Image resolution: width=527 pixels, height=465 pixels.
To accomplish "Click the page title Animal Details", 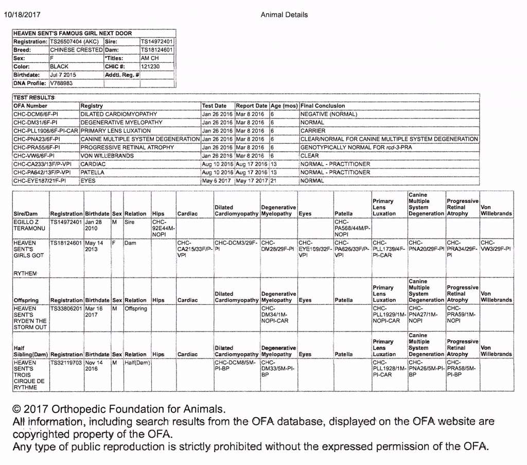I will pos(284,14).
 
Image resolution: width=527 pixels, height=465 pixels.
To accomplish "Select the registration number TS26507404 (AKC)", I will pos(75,42).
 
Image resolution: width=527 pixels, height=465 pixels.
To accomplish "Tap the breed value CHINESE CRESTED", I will pos(76,50).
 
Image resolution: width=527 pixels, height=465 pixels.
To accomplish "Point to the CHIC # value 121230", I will pos(150,66).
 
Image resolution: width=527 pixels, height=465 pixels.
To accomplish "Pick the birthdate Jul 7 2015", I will pos(63,75).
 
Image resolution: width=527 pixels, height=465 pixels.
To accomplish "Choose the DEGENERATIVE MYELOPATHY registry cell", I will pos(121,123).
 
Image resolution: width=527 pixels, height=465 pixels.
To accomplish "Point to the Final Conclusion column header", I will pos(323,106).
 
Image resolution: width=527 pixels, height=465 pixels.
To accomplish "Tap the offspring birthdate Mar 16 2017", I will pos(94,312).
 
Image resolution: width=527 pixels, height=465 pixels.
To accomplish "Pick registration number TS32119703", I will pos(66,363).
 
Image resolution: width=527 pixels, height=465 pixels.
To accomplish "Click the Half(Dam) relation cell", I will pos(136,363).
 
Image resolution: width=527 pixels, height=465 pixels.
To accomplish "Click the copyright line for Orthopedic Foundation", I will pos(119,410).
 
